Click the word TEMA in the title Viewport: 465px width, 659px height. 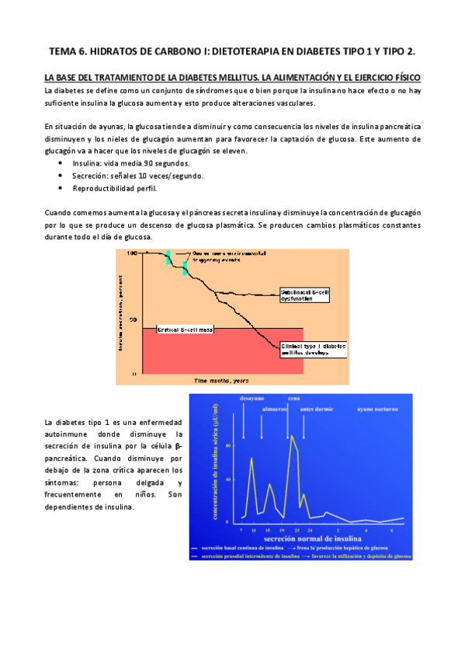(64, 51)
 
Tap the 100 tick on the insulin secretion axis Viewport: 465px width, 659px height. (132, 254)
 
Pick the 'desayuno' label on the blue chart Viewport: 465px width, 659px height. (244, 399)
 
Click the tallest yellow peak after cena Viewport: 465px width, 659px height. (292, 438)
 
